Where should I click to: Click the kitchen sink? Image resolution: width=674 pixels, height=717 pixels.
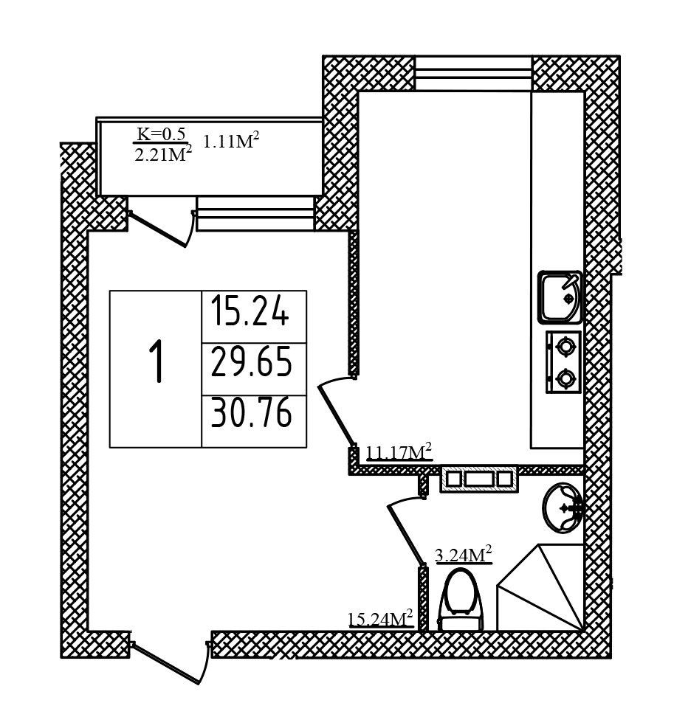pos(560,297)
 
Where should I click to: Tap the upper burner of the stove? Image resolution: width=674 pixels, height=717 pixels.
pos(565,345)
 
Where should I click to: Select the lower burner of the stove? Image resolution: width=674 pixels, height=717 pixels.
pos(565,378)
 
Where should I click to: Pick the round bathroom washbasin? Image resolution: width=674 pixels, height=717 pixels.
pos(563,508)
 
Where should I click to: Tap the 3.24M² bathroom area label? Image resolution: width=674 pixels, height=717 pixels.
pos(463,555)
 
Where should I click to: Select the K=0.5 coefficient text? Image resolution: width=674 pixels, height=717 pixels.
pos(162,134)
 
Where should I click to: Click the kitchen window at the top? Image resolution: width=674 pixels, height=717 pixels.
pos(473,73)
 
